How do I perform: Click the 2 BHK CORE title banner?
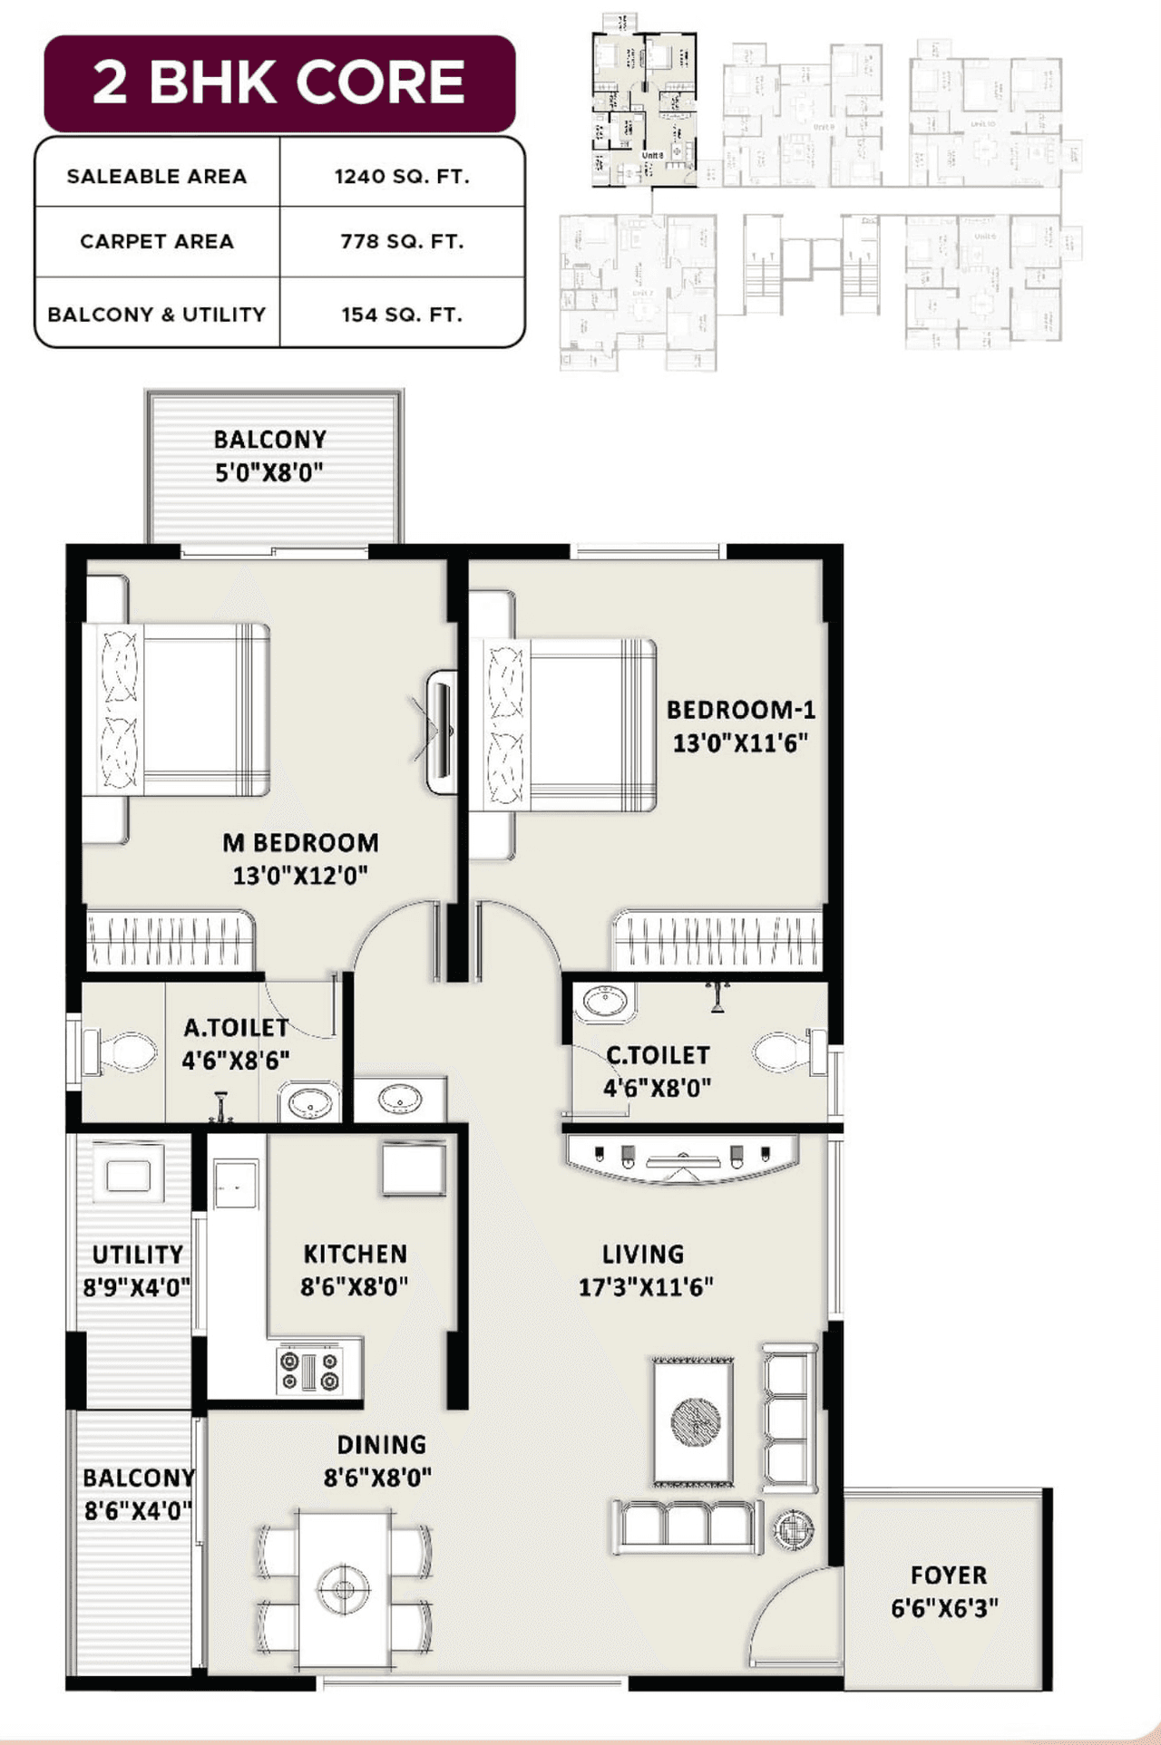[279, 82]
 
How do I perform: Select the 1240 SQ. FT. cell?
[402, 176]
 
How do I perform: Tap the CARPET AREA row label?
[157, 241]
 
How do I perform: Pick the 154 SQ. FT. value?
[402, 315]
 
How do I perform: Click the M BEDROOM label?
[300, 842]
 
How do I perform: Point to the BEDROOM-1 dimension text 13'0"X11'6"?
[739, 743]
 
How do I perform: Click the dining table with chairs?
[345, 1588]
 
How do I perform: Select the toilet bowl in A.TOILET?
[122, 1052]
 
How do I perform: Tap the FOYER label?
[948, 1575]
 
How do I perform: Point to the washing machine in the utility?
[128, 1175]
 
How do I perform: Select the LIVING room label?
[643, 1255]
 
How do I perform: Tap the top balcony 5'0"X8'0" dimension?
[268, 472]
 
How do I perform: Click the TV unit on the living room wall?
[682, 1158]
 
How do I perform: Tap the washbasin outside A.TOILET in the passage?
[399, 1100]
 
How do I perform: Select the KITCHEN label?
[355, 1254]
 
